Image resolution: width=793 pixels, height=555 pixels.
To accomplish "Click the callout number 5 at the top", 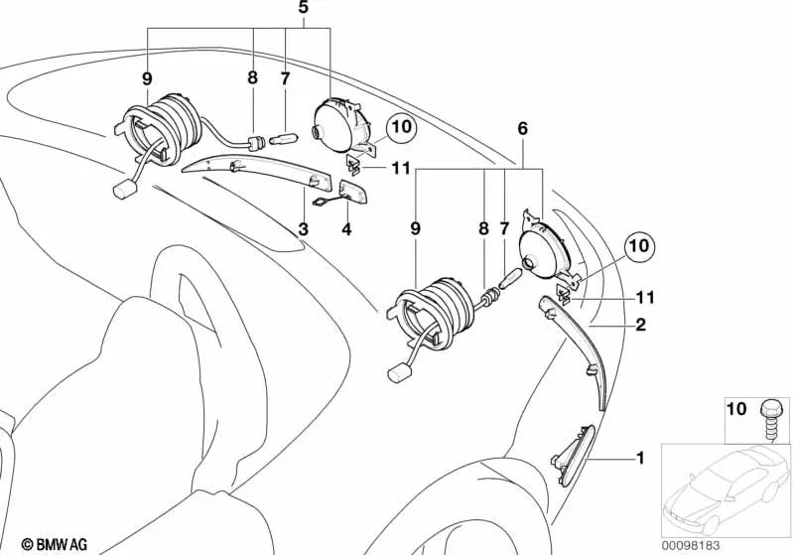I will click(304, 8).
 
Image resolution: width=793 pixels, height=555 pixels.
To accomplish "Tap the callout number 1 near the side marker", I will click(640, 458).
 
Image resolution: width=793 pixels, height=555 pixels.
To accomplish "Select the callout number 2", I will click(640, 325).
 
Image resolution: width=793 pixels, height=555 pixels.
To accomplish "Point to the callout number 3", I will click(303, 230).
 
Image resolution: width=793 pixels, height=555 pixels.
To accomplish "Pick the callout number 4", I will click(346, 230).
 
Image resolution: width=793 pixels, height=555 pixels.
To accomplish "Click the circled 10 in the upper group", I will click(400, 127).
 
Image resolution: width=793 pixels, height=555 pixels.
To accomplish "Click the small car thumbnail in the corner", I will click(727, 486).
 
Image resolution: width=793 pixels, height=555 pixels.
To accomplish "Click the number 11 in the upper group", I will click(400, 169).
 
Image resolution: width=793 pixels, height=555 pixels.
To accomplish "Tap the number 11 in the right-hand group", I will click(646, 296).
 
